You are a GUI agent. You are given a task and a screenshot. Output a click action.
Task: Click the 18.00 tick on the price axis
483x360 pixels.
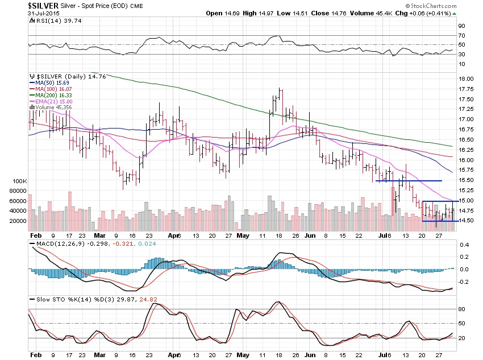pos(466,78)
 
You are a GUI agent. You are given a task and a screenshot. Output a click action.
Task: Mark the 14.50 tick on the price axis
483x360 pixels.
pos(466,221)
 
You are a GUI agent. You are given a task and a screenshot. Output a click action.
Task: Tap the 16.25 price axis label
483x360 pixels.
pos(466,150)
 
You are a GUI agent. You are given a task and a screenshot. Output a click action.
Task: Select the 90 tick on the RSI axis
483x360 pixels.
pos(462,26)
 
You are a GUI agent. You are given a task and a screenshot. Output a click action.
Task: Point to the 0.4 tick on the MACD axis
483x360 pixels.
pos(463,245)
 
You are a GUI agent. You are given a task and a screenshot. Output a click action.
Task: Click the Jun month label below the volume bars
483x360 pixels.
pos(310,234)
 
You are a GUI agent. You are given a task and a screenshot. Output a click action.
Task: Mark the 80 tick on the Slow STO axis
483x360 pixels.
pos(462,309)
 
